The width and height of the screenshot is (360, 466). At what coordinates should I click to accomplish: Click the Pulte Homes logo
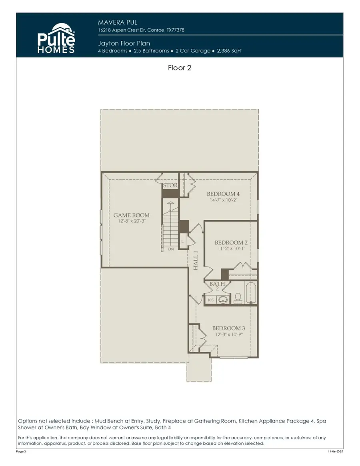point(56,39)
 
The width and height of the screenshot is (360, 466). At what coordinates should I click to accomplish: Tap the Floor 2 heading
point(180,68)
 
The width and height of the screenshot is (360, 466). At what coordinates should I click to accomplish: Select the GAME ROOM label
point(132,215)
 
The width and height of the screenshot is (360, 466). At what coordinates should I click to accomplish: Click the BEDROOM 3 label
point(228,328)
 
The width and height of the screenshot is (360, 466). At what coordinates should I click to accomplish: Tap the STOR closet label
point(170,185)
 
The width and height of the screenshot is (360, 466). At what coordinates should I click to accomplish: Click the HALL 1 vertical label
point(196,260)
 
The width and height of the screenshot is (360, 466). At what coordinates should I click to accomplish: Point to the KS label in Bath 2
point(210,299)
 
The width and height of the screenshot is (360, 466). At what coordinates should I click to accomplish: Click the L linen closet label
point(182,241)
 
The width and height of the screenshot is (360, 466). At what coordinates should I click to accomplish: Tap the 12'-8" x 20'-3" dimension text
point(132,221)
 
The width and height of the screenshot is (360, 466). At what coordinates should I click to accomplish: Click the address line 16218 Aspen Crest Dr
point(141,30)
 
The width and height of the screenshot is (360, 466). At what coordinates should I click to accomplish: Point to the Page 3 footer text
point(21,451)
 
